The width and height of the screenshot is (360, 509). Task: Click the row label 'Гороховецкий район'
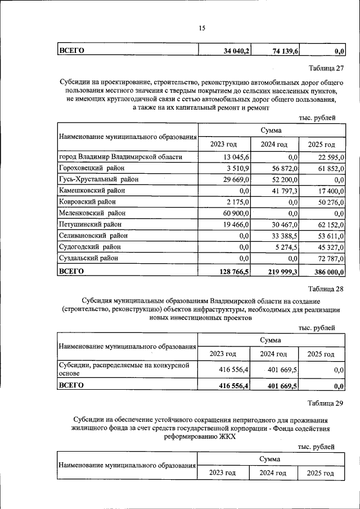pyautogui.click(x=92, y=168)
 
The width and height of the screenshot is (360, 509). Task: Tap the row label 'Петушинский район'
pyautogui.click(x=90, y=224)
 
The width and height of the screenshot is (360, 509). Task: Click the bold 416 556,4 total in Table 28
pyautogui.click(x=233, y=386)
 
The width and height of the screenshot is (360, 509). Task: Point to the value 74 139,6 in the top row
pyautogui.click(x=285, y=51)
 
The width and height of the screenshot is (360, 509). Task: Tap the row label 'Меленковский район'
pyautogui.click(x=92, y=213)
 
